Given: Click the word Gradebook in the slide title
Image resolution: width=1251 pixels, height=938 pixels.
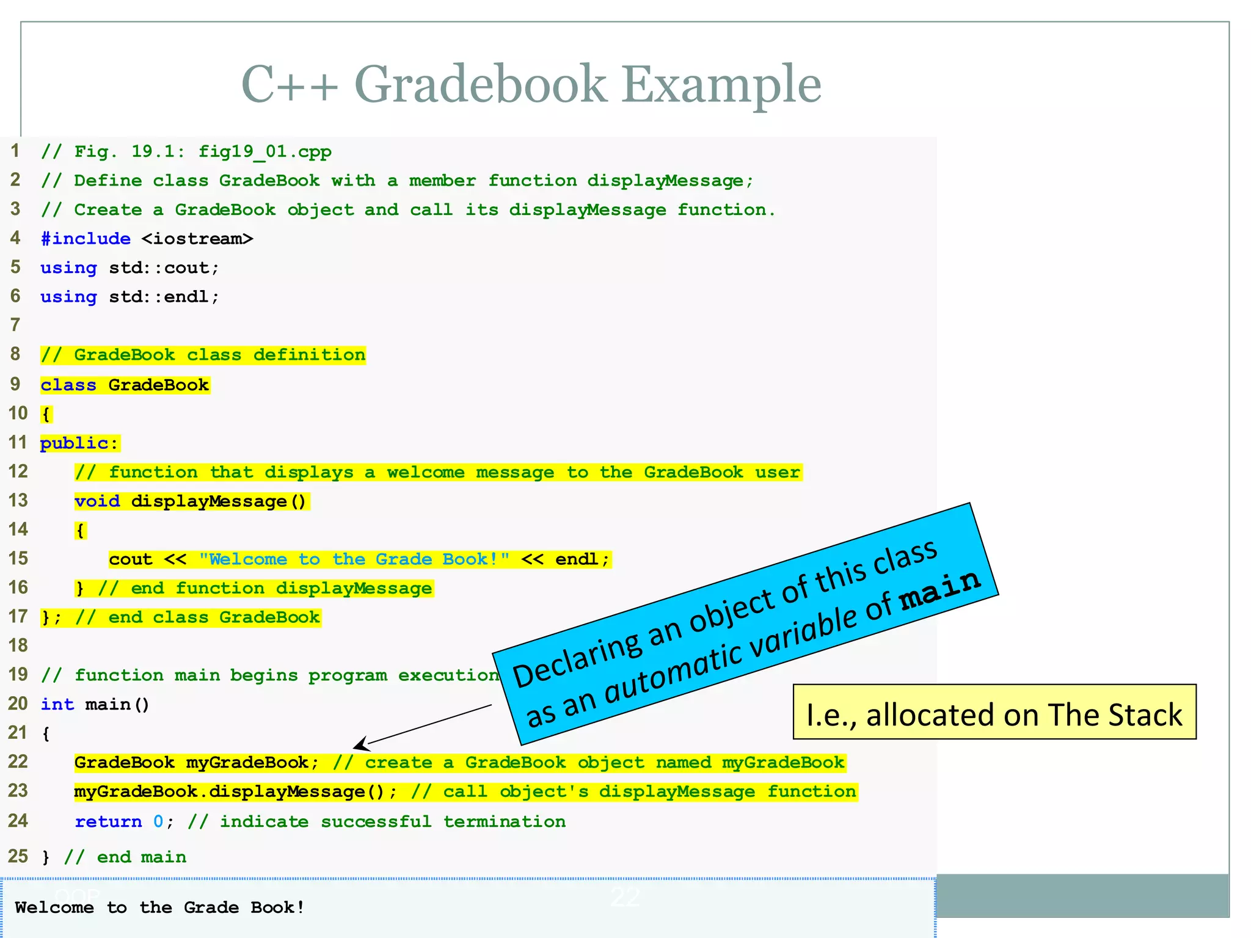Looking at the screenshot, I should pos(480,84).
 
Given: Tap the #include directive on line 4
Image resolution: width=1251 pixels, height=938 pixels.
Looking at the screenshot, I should pos(86,239).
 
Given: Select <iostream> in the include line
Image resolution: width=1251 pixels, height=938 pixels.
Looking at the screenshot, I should pos(197,239).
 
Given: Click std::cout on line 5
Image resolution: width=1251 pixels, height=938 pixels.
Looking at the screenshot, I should pos(163,268).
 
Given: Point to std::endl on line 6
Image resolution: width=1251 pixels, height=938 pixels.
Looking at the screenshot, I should pos(163,297).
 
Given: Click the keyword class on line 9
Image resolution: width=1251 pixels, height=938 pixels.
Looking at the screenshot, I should pos(68,385).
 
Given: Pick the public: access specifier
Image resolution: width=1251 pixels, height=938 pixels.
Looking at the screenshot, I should pos(79,443).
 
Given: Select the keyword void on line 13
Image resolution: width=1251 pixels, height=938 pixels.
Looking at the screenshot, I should pos(97,501).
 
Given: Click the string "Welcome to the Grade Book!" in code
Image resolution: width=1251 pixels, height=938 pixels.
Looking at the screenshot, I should pos(354,559).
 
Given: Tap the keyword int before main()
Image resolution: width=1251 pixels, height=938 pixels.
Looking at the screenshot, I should pos(57,705).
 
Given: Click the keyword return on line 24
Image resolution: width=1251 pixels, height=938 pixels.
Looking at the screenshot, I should pos(108,822).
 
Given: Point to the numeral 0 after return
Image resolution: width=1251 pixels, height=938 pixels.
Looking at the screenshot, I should pos(158,822).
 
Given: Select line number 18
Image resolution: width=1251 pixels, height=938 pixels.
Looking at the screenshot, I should pos(18,645).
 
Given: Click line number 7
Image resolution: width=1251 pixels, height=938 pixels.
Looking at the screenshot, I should pos(15,325).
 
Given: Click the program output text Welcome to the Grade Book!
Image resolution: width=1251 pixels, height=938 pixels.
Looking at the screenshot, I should pos(159,907).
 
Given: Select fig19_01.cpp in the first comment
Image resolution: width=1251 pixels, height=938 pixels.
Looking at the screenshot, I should pos(264,151).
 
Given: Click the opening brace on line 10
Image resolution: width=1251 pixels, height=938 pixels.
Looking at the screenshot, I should pos(46,415).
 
